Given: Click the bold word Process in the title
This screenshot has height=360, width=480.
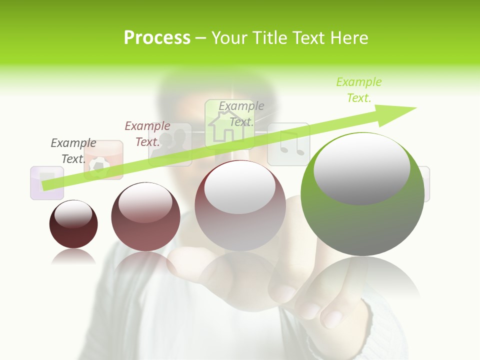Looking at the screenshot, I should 157,38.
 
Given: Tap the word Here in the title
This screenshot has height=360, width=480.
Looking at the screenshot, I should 349,38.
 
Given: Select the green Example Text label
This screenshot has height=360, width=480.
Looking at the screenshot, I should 358,90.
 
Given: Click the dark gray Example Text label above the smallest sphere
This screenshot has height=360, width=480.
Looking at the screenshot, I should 73,151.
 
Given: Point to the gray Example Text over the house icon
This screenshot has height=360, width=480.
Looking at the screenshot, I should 241,113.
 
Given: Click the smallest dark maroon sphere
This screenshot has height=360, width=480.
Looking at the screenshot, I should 73,224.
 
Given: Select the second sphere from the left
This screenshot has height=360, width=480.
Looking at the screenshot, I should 145,216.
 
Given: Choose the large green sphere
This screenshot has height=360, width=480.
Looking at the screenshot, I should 362,195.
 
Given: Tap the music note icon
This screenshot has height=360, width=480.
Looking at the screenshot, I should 288,144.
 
